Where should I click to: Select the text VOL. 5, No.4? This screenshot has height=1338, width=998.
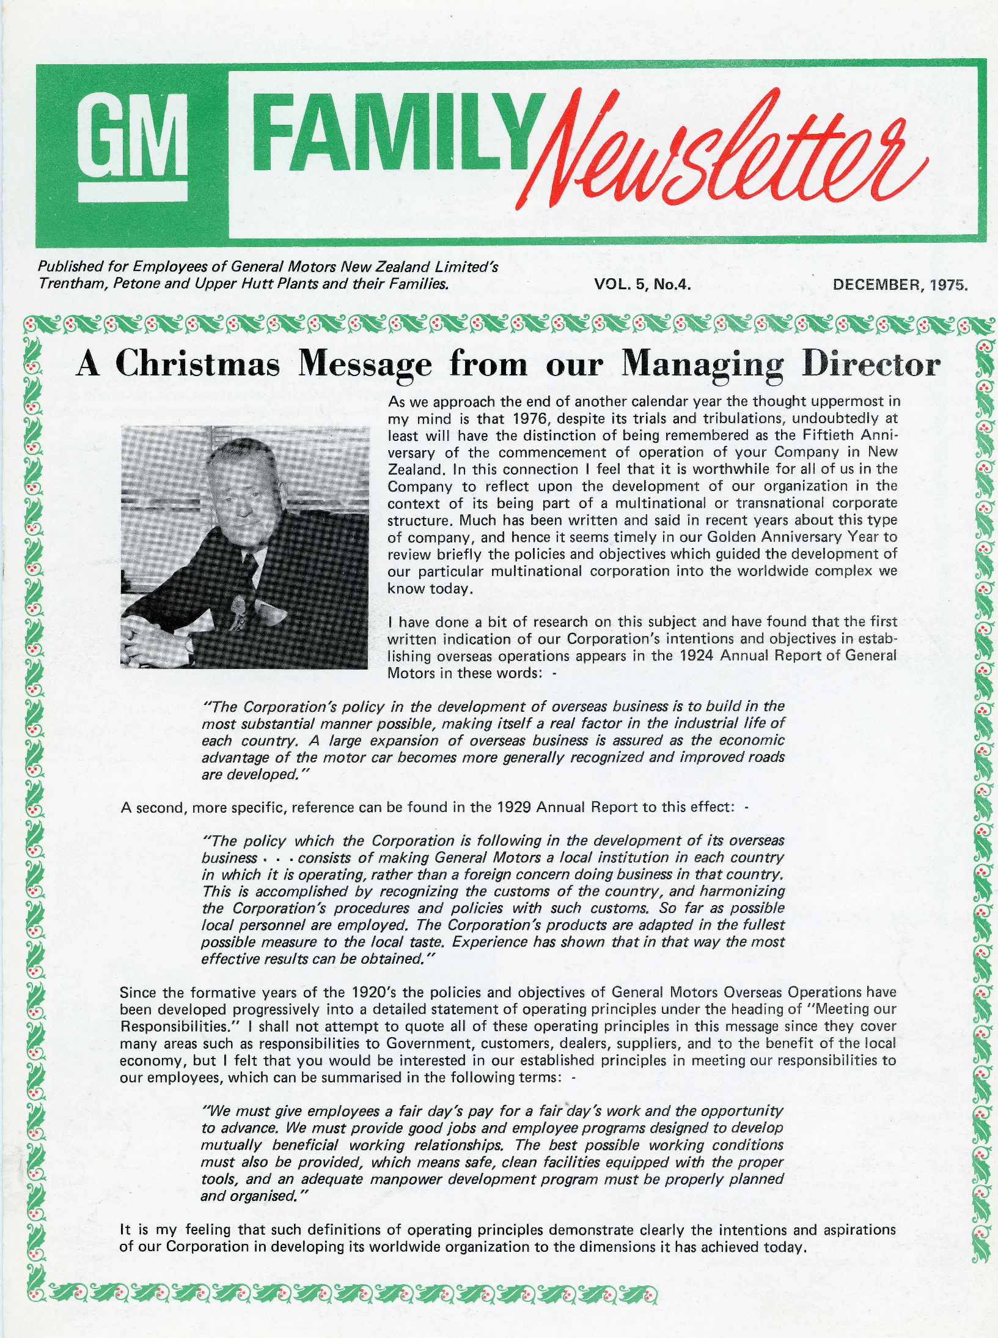[x=642, y=284]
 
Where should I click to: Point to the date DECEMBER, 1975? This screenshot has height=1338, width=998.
[x=900, y=284]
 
